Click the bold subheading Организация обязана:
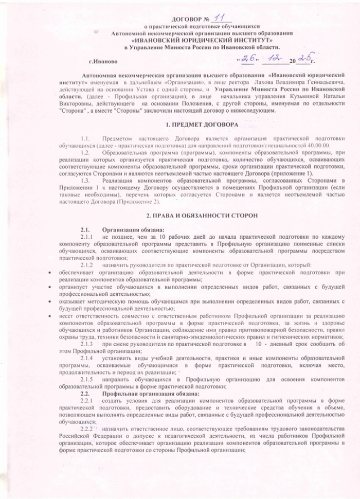[x=133, y=229]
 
